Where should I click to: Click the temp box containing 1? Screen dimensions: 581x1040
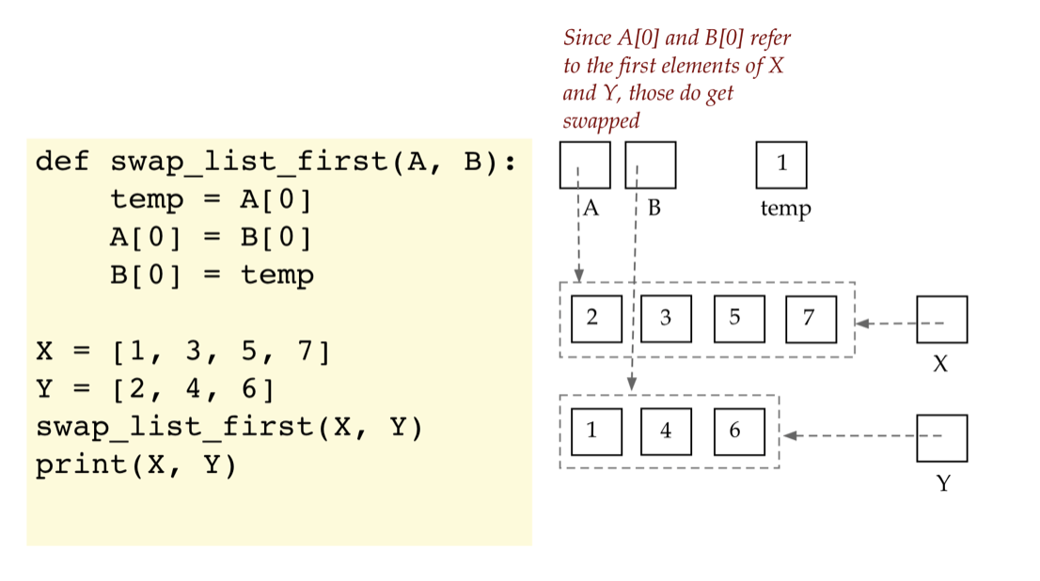781,165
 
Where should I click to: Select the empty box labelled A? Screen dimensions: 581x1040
584,165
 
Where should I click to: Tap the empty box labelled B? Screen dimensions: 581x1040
650,165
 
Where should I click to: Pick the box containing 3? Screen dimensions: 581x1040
666,318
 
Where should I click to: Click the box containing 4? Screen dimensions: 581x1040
666,432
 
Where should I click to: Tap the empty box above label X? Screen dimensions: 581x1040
941,320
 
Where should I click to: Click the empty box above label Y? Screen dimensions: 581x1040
941,438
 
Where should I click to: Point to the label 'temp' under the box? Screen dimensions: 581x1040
785,208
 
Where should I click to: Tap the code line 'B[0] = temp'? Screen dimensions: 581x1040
211,275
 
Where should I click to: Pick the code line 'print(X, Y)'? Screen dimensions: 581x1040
135,465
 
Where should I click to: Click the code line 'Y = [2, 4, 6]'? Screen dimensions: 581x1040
154,390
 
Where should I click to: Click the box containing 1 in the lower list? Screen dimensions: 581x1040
592,432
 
